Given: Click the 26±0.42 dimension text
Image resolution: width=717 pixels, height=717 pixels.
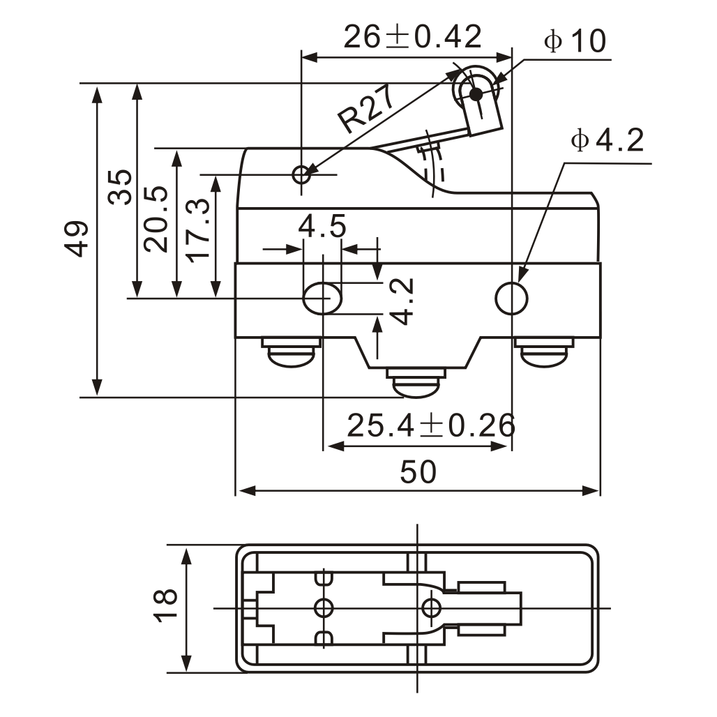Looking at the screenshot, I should click(x=413, y=37).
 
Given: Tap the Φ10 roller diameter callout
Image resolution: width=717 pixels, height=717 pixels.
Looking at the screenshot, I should click(x=576, y=42).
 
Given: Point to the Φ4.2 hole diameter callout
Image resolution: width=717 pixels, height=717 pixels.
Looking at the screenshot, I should click(x=606, y=142).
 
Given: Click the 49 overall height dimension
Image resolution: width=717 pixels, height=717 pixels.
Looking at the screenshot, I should click(x=78, y=239).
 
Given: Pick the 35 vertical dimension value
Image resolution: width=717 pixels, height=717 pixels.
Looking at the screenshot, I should click(x=121, y=186).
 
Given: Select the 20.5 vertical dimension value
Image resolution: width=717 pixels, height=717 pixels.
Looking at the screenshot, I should click(x=156, y=219).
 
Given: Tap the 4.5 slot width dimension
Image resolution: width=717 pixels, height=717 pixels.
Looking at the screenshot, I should click(x=322, y=227).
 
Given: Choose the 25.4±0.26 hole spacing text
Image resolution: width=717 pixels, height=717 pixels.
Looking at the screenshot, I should click(x=431, y=425).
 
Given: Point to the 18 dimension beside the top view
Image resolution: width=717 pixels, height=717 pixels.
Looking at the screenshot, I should click(x=166, y=605).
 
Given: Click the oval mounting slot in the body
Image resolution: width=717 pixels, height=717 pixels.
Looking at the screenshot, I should click(x=322, y=298).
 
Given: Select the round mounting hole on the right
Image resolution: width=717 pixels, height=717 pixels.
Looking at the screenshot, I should click(x=512, y=298).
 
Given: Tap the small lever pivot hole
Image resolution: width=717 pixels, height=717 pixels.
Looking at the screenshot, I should click(x=302, y=174).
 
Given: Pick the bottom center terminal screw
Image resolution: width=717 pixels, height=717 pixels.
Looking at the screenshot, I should click(x=416, y=385).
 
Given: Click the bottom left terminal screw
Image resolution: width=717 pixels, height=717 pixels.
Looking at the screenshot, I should click(x=292, y=352).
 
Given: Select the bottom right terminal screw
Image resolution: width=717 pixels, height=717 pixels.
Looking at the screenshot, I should click(x=544, y=352).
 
